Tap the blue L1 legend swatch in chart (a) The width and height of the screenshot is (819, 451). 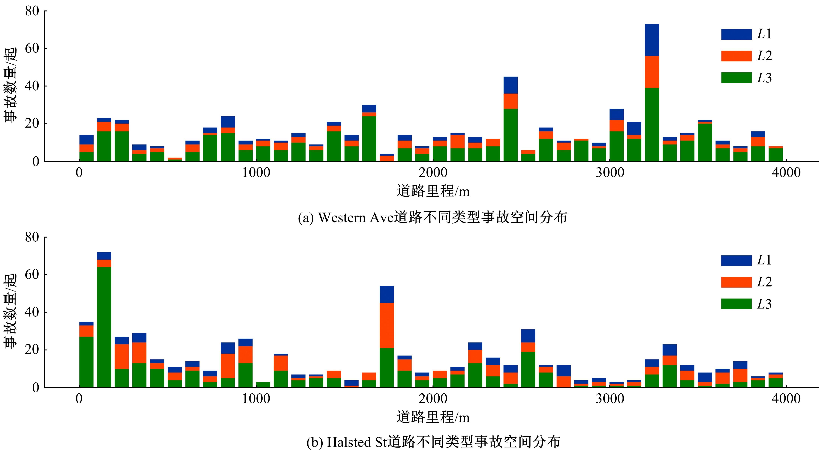coord(736,34)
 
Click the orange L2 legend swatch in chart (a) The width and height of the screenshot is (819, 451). coord(736,56)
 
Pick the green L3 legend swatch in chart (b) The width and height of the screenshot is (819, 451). coord(736,304)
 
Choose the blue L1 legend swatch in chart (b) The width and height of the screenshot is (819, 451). coord(736,260)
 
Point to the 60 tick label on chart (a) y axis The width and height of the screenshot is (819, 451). coord(32,48)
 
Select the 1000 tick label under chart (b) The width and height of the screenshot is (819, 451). coord(256,398)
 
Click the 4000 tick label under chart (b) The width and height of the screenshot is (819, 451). coord(786,398)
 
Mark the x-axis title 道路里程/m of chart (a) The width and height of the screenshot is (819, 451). coord(433,191)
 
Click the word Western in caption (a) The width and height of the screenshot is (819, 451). coord(342,218)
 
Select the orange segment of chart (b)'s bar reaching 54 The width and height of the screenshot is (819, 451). coord(387,325)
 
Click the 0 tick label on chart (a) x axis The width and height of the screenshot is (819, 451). coord(79,173)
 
